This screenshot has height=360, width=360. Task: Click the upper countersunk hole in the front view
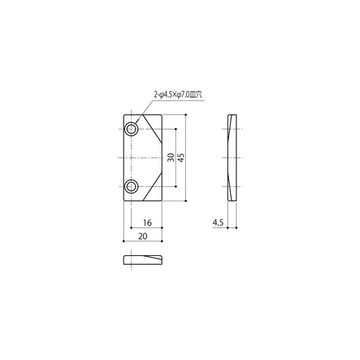click(131, 129)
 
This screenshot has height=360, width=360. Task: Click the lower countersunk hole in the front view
click(131, 186)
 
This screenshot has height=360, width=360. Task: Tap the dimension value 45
click(181, 157)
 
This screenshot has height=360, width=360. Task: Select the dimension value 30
click(171, 157)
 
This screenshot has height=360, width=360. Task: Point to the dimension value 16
click(147, 222)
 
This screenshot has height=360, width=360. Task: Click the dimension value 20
click(143, 236)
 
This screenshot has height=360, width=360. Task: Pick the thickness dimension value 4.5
click(218, 222)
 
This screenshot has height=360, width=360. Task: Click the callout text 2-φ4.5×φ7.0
click(172, 95)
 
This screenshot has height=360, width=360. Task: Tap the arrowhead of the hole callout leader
click(136, 123)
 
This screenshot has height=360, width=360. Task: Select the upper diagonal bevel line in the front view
click(153, 129)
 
